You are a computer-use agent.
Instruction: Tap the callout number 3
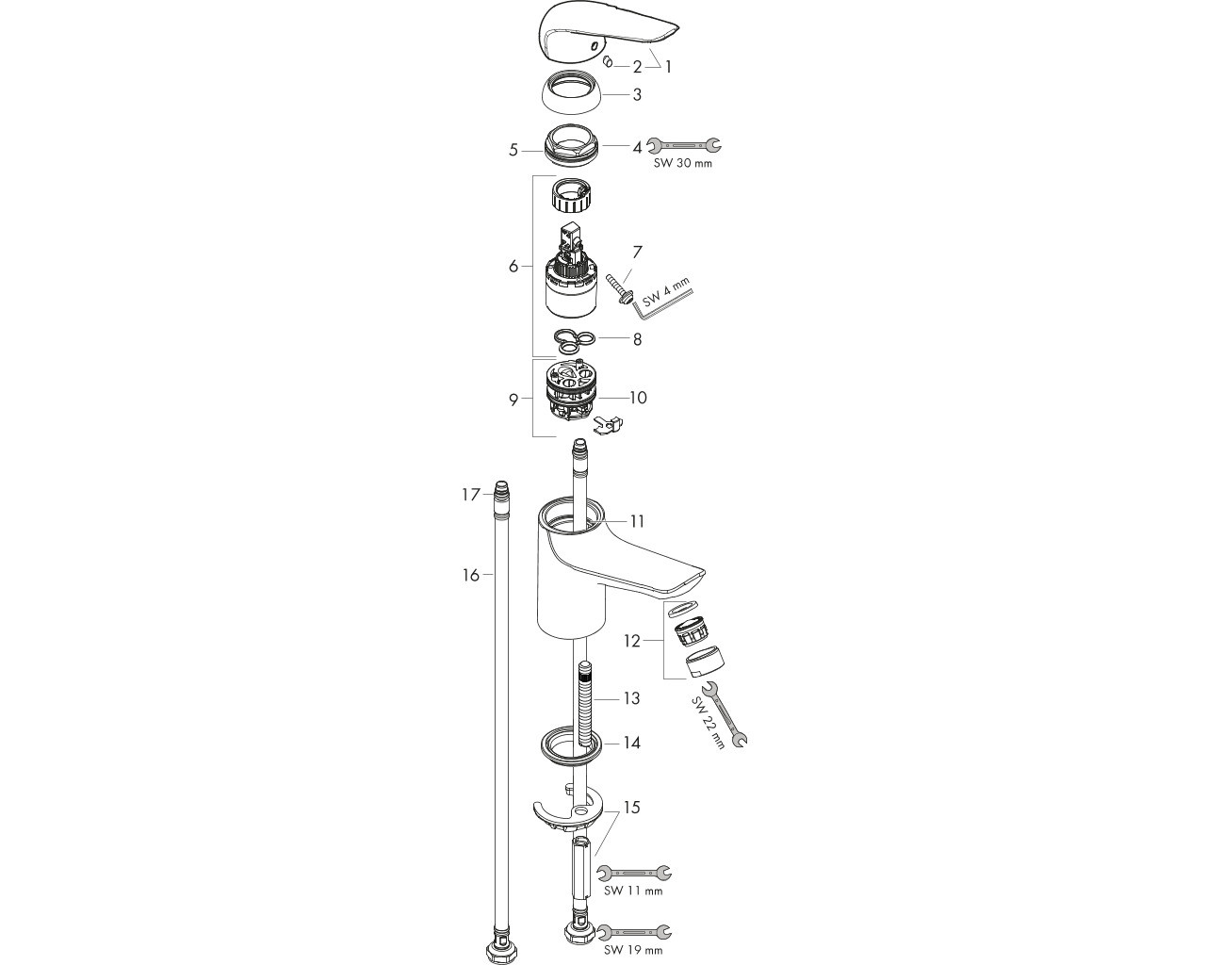[637, 95]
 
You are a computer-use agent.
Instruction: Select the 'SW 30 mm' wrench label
[682, 164]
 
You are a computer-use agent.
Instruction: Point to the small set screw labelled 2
[608, 61]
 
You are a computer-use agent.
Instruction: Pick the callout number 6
[513, 267]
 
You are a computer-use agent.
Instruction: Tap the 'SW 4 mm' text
[666, 291]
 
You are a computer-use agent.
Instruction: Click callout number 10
[638, 398]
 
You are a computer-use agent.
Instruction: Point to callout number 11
[637, 522]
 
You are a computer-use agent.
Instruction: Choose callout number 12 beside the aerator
[631, 641]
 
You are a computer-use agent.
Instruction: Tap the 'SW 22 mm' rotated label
[708, 724]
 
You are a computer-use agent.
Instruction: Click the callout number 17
[471, 495]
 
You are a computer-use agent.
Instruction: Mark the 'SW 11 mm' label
[633, 891]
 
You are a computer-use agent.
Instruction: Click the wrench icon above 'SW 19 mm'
[634, 932]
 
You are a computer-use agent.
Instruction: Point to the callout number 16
[471, 575]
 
